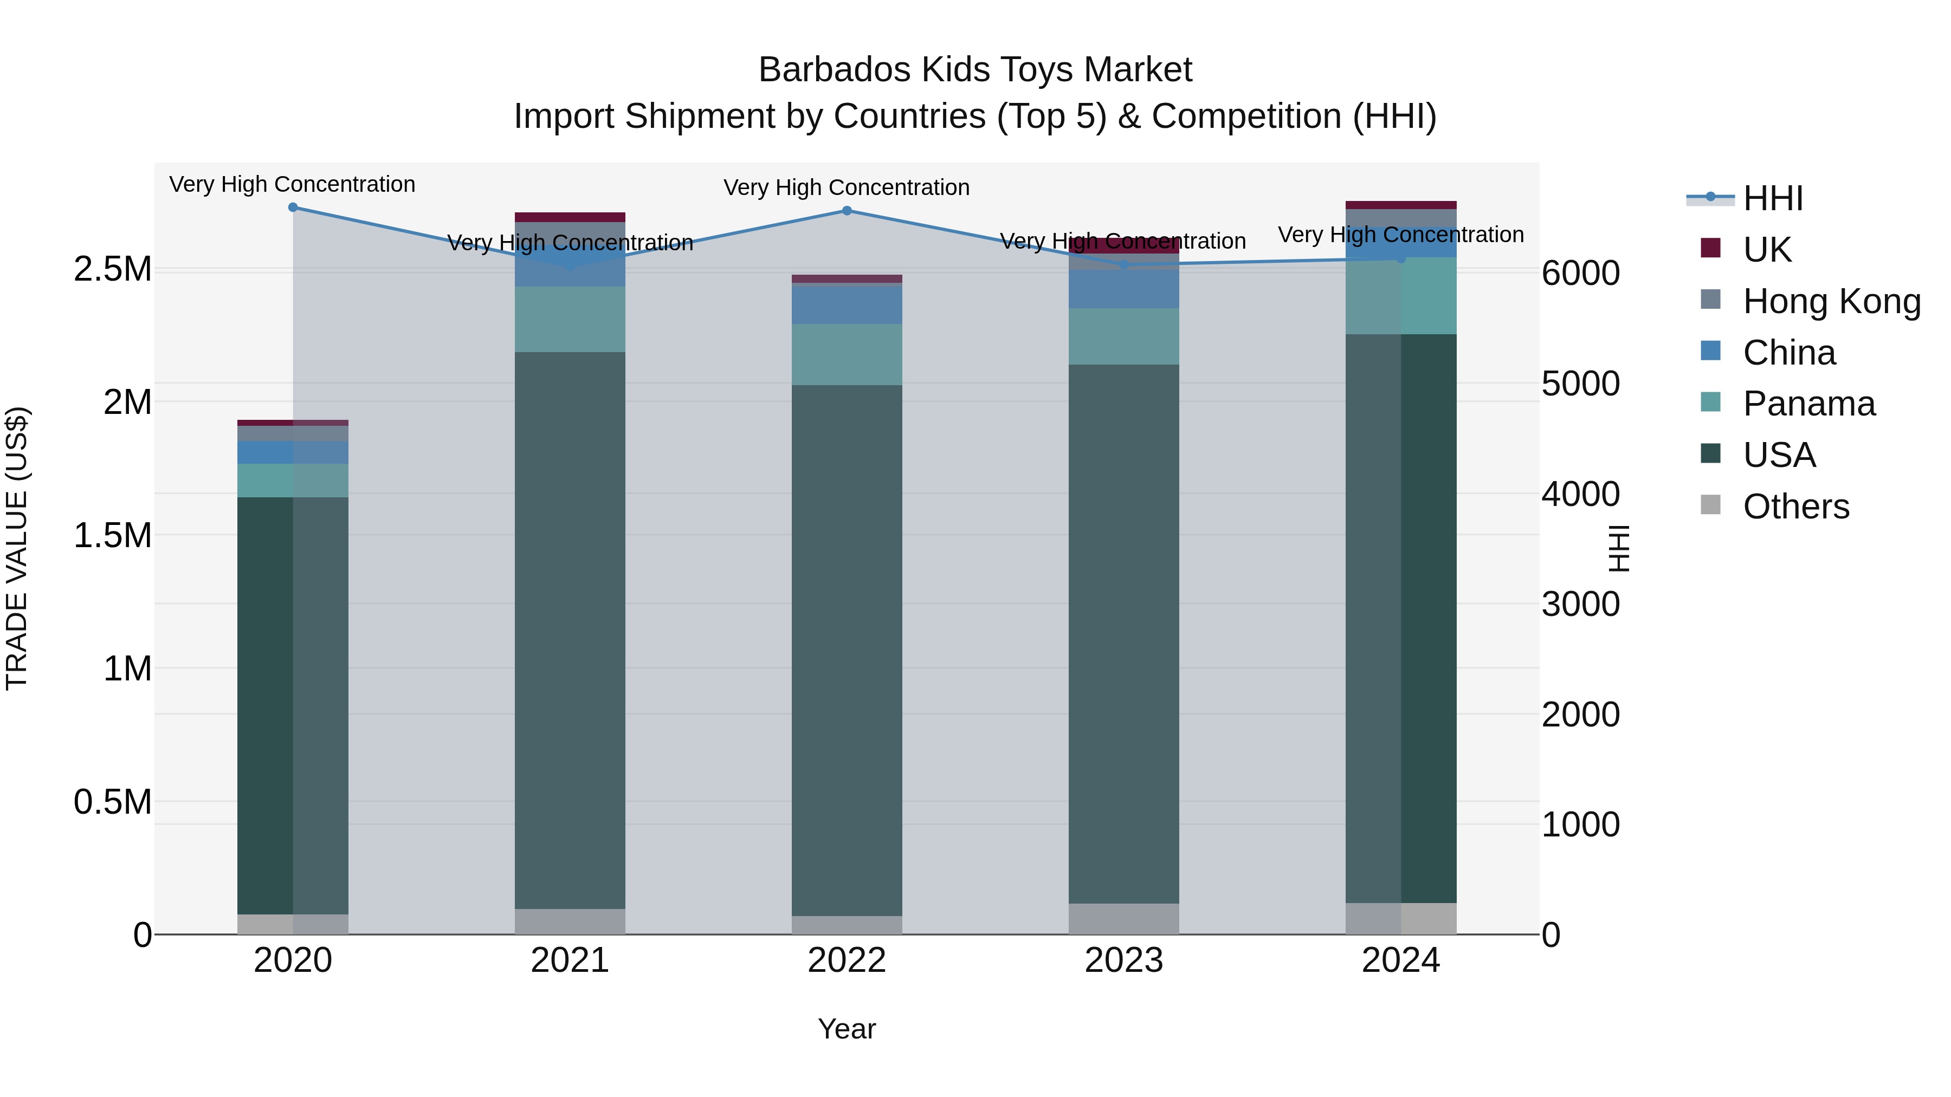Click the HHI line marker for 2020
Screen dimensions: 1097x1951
(x=293, y=207)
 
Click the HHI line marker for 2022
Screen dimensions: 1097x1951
(x=847, y=211)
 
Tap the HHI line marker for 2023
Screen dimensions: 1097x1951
(x=1124, y=265)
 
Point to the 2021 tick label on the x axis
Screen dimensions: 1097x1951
(x=570, y=960)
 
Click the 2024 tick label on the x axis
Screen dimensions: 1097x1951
(x=1400, y=960)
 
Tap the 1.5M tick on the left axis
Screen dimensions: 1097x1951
(x=112, y=535)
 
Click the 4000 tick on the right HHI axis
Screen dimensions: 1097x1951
(x=1581, y=495)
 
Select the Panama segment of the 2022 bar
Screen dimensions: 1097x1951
(x=847, y=354)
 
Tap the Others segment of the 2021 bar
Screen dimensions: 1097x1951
(x=570, y=921)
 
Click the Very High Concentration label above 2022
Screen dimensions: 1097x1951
(x=846, y=188)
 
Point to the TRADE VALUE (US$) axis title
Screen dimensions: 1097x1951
(x=17, y=548)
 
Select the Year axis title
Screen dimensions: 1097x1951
(x=847, y=1029)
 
